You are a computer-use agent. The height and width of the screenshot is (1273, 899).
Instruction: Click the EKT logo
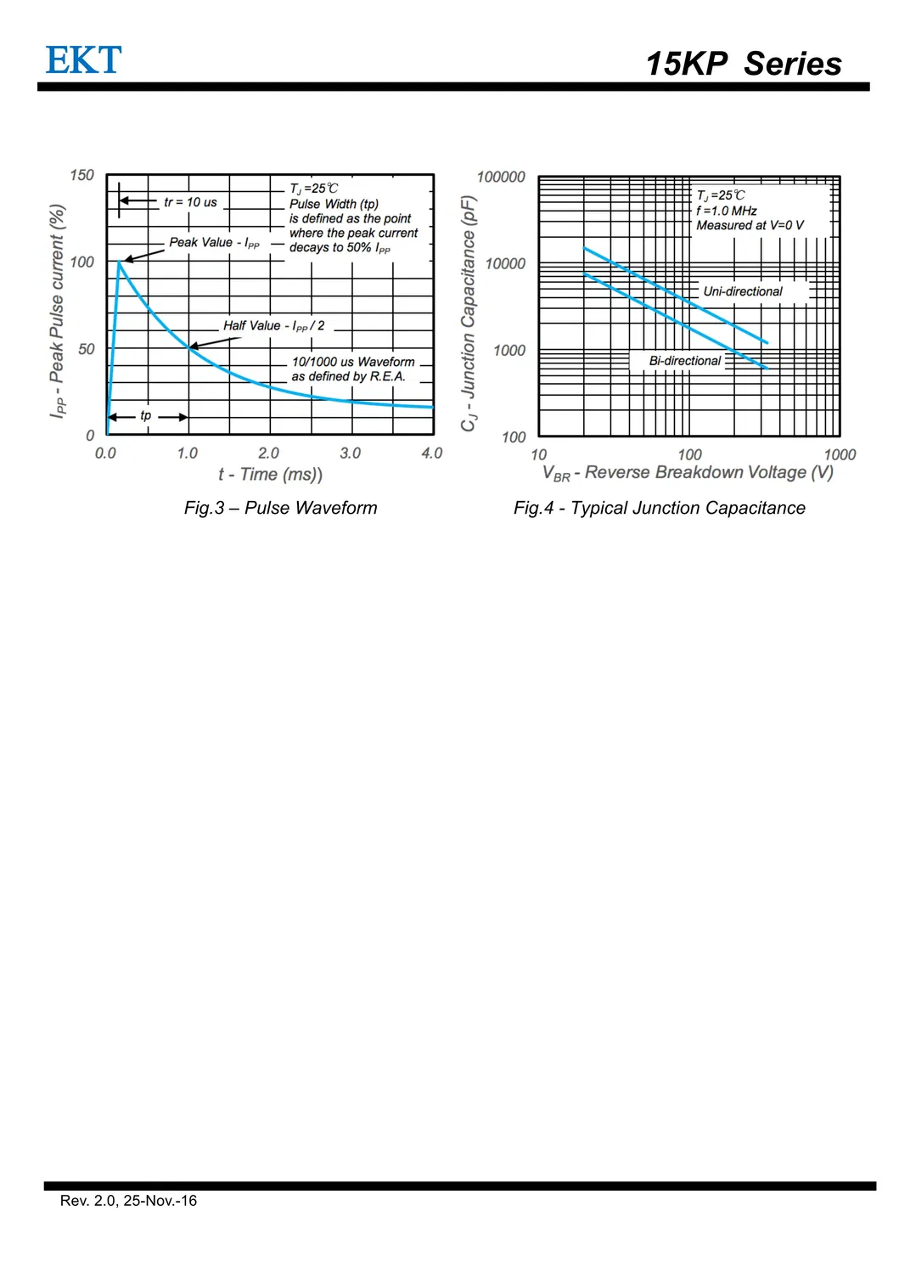tap(83, 60)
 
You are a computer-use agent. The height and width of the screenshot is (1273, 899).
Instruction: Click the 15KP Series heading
tap(743, 64)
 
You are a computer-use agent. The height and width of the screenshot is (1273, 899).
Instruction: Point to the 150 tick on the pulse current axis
tap(82, 176)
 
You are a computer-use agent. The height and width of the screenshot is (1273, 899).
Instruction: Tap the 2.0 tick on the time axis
tap(268, 453)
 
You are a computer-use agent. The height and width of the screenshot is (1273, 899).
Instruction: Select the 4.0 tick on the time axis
tap(432, 453)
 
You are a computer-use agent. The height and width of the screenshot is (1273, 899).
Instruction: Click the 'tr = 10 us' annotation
tap(190, 202)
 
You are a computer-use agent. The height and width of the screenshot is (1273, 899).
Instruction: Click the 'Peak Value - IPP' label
tap(214, 243)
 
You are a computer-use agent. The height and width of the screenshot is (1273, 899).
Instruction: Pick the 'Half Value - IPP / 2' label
tap(273, 326)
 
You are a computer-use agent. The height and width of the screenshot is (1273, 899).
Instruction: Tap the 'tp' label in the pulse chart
tap(146, 416)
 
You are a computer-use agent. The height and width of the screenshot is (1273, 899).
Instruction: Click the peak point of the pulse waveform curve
tap(119, 262)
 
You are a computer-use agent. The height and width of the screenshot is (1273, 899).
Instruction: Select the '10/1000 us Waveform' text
tap(353, 362)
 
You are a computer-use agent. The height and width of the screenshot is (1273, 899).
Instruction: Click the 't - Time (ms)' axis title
tap(270, 475)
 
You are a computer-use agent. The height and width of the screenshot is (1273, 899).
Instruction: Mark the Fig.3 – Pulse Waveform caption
tap(280, 508)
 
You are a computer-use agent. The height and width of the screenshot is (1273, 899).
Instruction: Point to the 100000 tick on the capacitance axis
tap(501, 177)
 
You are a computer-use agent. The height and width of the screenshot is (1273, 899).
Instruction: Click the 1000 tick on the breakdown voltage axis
tap(840, 455)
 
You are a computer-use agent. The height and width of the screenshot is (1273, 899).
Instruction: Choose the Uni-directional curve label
tap(743, 291)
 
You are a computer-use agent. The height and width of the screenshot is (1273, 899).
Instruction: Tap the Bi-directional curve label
tap(684, 361)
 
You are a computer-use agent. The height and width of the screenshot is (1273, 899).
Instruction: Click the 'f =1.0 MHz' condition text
tap(726, 211)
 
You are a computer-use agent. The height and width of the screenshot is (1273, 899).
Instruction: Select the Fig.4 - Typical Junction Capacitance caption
tap(659, 508)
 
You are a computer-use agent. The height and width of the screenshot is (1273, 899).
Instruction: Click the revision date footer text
tap(128, 1201)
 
